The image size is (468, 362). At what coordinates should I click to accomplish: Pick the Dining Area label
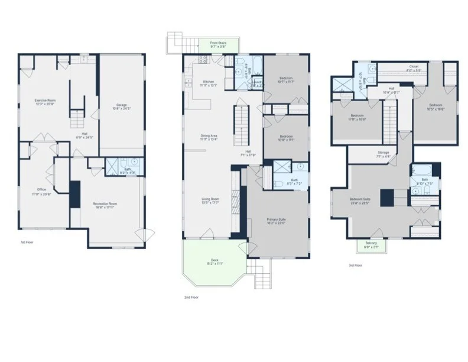click(x=209, y=137)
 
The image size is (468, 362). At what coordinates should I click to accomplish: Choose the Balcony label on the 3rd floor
click(x=370, y=244)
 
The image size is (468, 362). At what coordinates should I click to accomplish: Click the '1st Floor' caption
click(x=26, y=243)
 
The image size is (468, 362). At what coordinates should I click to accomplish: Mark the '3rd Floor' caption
click(x=355, y=266)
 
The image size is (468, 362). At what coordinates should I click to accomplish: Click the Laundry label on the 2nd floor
click(x=257, y=83)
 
